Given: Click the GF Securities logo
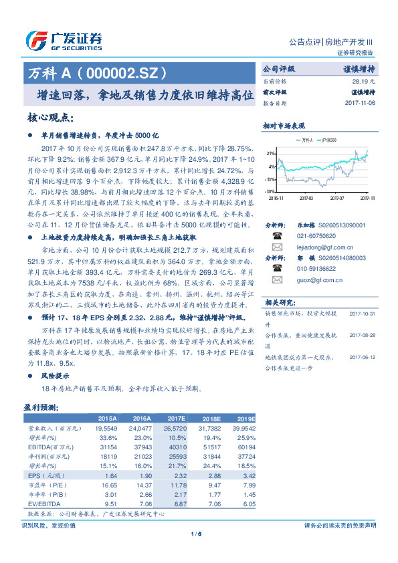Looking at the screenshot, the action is tap(64, 41).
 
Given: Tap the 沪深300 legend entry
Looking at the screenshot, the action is tap(327, 140).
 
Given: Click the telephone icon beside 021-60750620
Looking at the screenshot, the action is tap(276, 235).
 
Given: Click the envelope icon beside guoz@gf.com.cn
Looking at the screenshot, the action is tap(276, 279).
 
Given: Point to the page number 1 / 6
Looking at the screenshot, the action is tap(196, 533).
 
